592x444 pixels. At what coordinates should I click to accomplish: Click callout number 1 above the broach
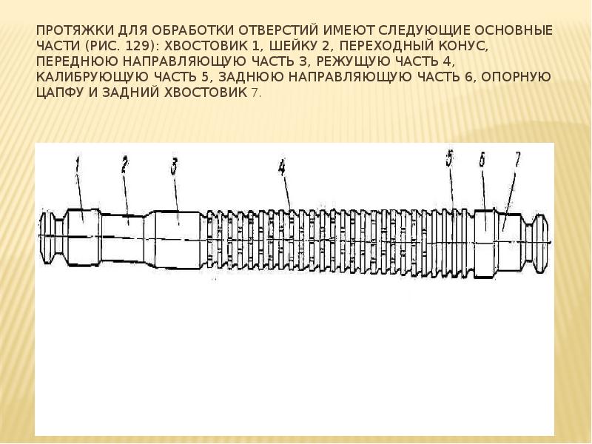click(x=77, y=166)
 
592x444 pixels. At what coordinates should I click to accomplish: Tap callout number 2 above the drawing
click(x=124, y=165)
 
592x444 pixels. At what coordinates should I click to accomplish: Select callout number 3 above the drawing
click(x=174, y=166)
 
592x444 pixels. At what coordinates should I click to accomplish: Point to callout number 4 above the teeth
click(x=282, y=167)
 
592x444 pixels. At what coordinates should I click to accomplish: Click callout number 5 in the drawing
click(x=449, y=158)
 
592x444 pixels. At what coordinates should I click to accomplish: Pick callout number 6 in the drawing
click(x=482, y=161)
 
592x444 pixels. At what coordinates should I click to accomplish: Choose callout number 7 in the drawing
click(x=517, y=159)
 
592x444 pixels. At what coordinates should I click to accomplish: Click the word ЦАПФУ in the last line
click(x=60, y=92)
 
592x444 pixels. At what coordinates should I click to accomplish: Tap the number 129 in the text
click(x=136, y=45)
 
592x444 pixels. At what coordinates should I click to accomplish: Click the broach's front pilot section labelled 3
click(x=177, y=240)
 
